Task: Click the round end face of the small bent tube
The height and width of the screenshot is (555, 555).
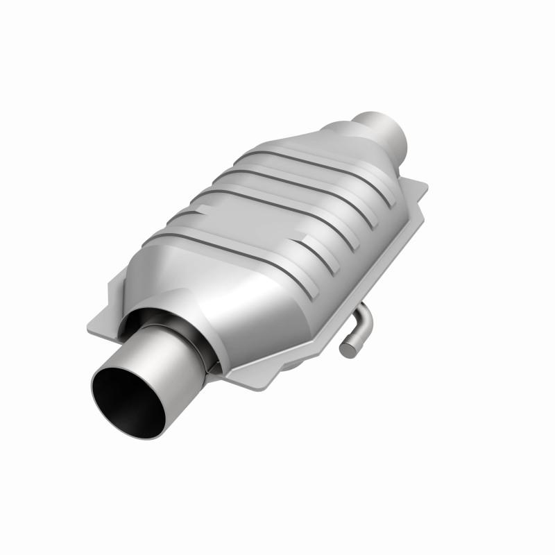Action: tap(348, 351)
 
